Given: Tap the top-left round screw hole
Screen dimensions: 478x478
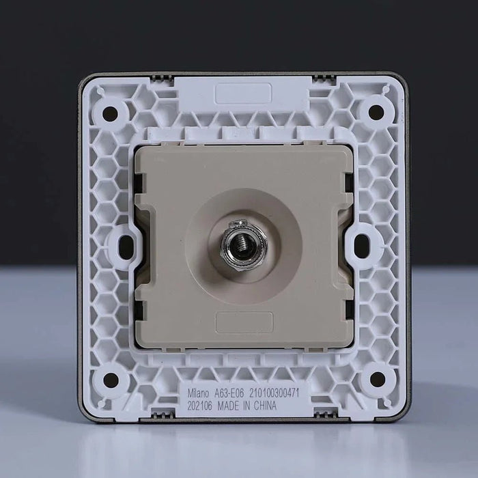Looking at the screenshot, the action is click(111, 113).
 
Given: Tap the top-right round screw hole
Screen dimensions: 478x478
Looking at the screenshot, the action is click(376, 111).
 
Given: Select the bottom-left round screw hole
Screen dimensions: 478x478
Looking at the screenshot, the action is click(111, 380).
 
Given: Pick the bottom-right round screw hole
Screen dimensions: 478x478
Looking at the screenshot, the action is click(378, 378).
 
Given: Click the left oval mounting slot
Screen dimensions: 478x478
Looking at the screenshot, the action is click(126, 247).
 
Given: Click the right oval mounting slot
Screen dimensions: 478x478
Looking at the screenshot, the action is click(362, 246).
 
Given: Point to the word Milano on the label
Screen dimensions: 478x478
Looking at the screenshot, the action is click(198, 393).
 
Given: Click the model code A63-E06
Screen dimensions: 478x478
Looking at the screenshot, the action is click(229, 393).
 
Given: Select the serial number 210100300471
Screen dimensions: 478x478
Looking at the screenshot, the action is click(275, 393).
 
